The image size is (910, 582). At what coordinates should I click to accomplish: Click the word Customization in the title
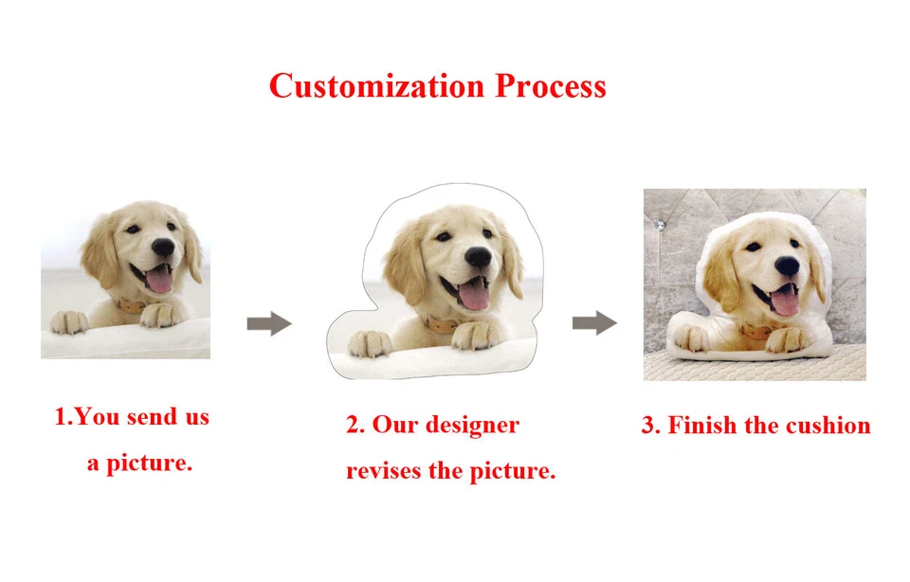[378, 86]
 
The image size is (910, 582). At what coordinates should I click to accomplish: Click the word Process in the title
[550, 86]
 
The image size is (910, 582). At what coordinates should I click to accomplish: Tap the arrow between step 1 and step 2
[268, 324]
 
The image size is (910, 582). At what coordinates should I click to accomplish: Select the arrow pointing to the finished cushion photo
[594, 324]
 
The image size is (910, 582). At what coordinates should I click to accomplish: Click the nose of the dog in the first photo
[164, 248]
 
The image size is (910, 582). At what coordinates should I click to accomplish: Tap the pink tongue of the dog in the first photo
[159, 281]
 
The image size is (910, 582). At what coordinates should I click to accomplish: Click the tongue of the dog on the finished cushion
[785, 300]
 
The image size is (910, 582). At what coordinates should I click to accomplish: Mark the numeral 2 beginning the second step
[354, 425]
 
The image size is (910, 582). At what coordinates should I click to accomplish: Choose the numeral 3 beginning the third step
[649, 425]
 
